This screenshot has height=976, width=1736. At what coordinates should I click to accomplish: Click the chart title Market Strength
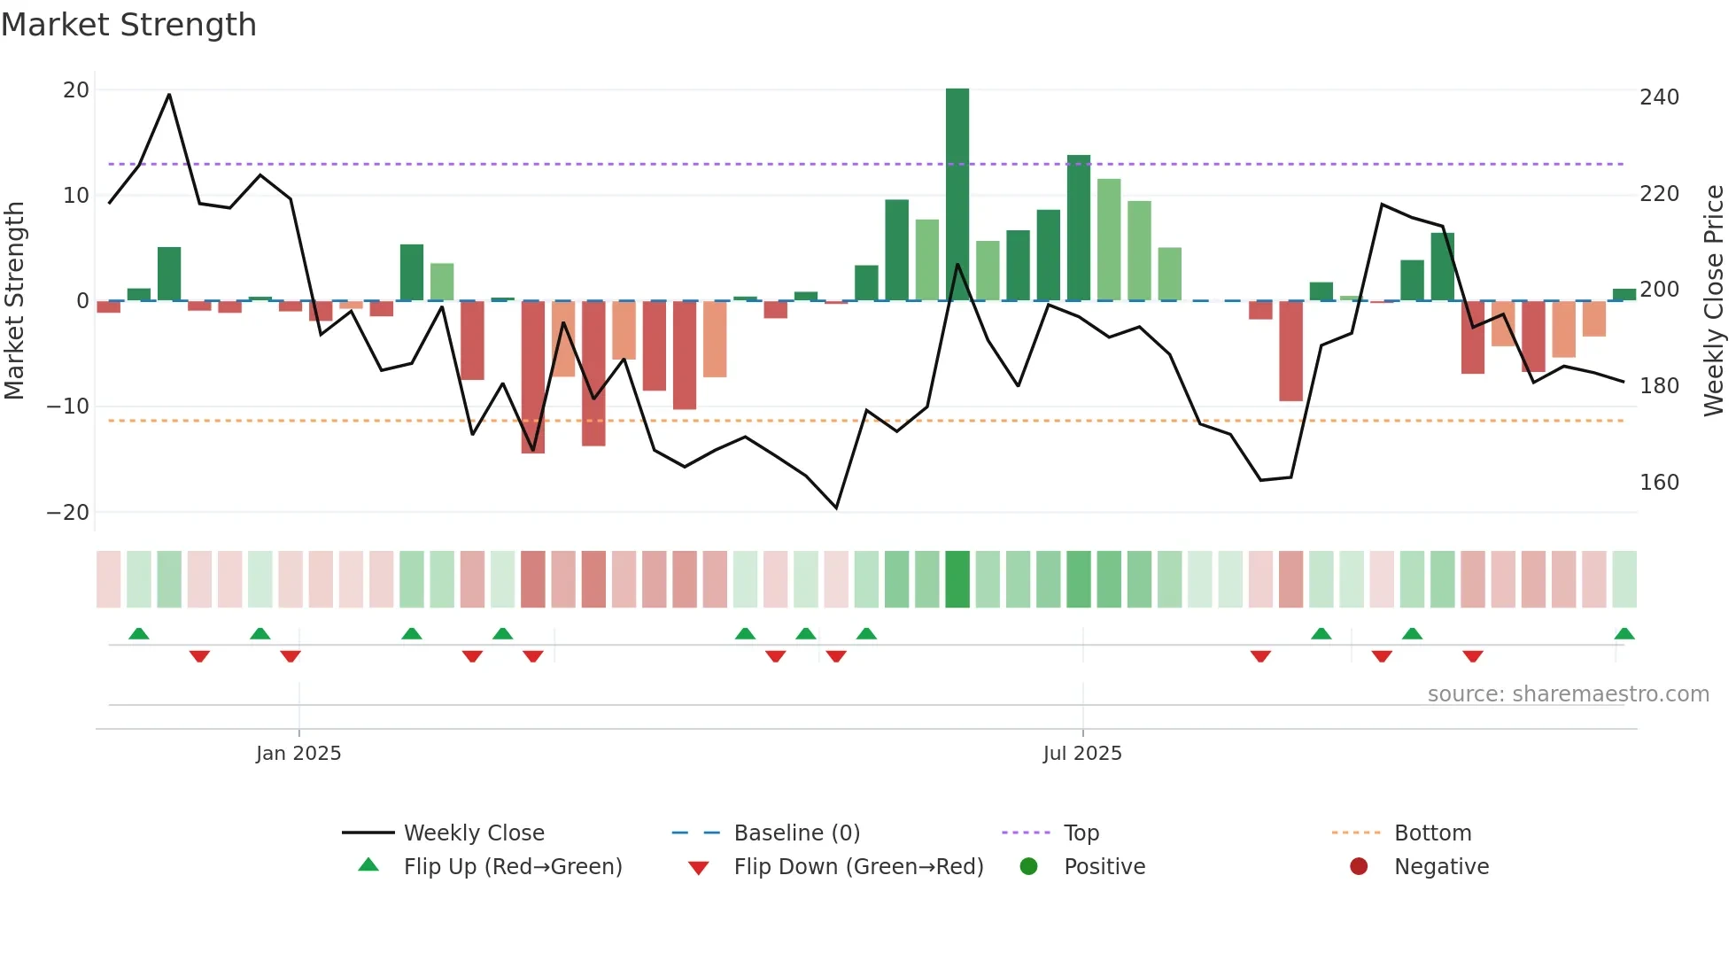(x=128, y=25)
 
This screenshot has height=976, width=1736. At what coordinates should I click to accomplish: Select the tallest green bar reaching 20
(x=957, y=195)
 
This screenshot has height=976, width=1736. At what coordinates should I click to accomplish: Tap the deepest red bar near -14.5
(x=532, y=377)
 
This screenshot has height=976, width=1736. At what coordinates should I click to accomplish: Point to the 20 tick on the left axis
(x=76, y=90)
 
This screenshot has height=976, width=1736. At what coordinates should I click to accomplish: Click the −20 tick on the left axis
(x=68, y=513)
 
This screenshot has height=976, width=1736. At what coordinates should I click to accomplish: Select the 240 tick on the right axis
(x=1658, y=97)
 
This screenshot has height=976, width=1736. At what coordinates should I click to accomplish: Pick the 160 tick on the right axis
(x=1658, y=483)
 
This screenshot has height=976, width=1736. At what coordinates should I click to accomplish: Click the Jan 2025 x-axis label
(x=298, y=754)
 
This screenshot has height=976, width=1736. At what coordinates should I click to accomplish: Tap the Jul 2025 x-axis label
(x=1081, y=754)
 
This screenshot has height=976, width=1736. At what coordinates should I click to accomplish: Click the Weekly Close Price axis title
(x=1714, y=301)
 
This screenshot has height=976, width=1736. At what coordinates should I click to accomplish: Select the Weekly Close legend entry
(x=473, y=833)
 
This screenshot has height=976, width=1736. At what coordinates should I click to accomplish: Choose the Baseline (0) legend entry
(x=796, y=833)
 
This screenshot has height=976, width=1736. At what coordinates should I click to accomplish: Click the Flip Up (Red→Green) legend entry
(x=512, y=867)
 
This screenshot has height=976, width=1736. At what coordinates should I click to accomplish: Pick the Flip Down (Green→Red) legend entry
(x=857, y=867)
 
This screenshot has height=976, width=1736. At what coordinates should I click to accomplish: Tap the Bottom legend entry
(x=1431, y=833)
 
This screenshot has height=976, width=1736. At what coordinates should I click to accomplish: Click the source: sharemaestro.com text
(x=1568, y=694)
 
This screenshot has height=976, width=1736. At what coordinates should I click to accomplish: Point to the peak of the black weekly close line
(x=169, y=95)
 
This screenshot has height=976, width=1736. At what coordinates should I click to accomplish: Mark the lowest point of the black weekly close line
(x=836, y=507)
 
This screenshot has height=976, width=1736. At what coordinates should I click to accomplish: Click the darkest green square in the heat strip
(x=957, y=579)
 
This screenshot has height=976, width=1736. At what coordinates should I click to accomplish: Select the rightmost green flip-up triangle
(x=1624, y=634)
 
